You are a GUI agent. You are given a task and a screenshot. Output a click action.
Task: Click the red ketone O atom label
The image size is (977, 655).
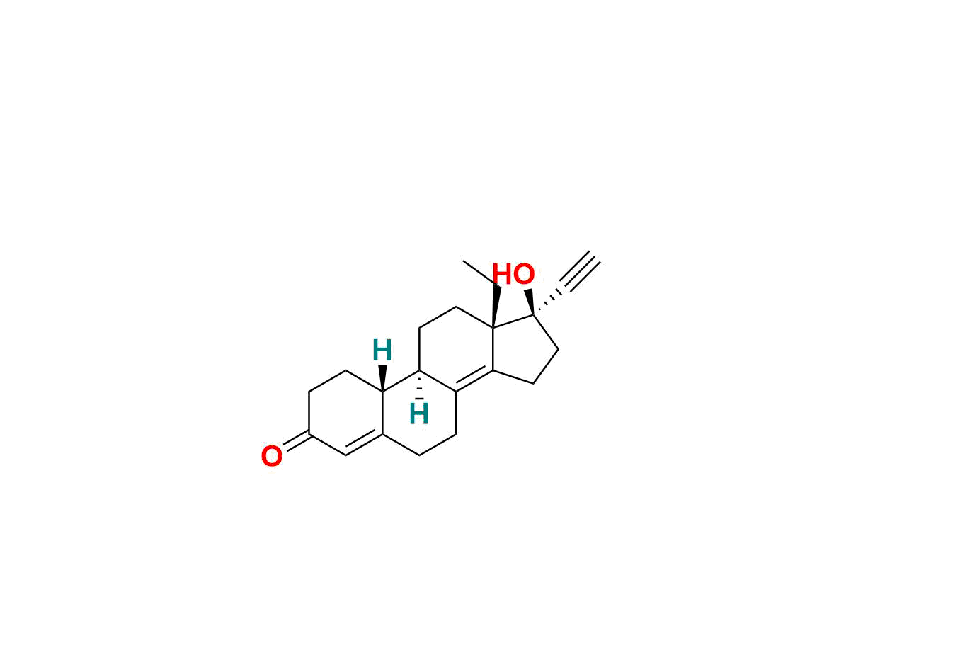pyautogui.click(x=272, y=456)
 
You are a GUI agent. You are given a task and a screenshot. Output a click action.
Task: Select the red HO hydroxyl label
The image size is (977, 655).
pyautogui.click(x=513, y=275)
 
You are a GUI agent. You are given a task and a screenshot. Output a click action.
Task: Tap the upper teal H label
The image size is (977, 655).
pyautogui.click(x=382, y=350)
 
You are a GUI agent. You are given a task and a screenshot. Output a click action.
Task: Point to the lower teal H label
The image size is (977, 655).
pyautogui.click(x=419, y=414)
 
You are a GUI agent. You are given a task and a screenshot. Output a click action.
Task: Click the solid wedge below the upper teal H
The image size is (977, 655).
pyautogui.click(x=382, y=378)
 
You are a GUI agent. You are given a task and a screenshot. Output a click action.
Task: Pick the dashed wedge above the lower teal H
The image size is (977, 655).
pyautogui.click(x=419, y=385)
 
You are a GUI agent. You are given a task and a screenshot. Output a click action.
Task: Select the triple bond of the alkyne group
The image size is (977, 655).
pyautogui.click(x=581, y=270)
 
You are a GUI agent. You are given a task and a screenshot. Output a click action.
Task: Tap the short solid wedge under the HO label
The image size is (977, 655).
pyautogui.click(x=530, y=302)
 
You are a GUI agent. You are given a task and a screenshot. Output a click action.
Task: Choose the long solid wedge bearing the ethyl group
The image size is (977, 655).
pyautogui.click(x=496, y=305)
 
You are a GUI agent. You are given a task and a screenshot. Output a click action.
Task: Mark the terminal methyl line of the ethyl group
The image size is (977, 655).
pyautogui.click(x=479, y=273)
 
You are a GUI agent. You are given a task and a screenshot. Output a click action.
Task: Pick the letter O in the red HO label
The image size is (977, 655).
pyautogui.click(x=524, y=275)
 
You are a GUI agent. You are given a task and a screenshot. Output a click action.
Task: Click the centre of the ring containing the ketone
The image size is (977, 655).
pyautogui.click(x=346, y=413)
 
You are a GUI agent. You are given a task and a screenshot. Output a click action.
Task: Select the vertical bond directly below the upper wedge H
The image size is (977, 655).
pyautogui.click(x=382, y=413)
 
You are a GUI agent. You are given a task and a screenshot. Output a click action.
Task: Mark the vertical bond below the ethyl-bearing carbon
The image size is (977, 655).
pyautogui.click(x=493, y=348)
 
